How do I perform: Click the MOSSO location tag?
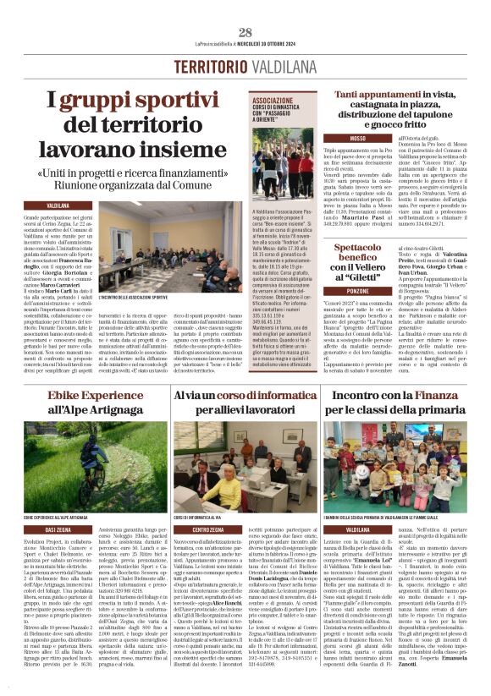357,137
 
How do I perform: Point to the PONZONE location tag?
357,288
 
